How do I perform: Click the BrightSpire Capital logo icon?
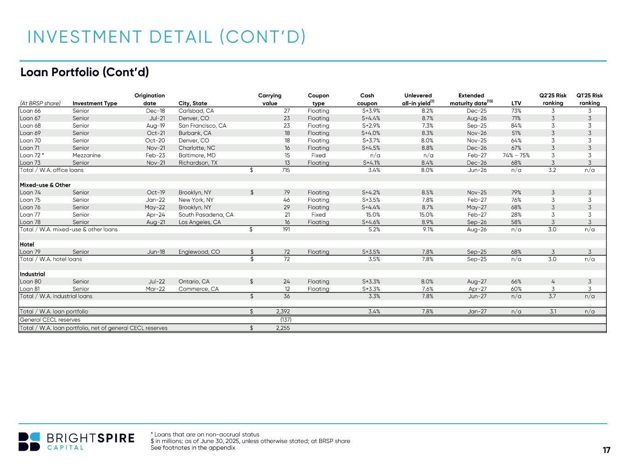coord(29,442)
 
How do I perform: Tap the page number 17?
coord(606,450)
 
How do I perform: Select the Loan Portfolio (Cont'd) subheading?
coord(85,73)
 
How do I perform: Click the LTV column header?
coord(516,103)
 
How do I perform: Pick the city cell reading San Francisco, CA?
coord(202,125)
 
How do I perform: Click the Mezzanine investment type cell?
coord(86,155)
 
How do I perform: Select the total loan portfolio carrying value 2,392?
coord(282,311)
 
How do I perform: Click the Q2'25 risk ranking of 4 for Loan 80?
coord(553,281)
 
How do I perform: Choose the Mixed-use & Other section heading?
coord(45,185)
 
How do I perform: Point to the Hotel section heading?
coord(27,244)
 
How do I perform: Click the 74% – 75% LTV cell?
coord(516,155)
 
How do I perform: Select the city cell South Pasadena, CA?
coord(206,214)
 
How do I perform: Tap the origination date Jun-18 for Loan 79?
coord(156,252)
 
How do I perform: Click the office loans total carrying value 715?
coord(285,170)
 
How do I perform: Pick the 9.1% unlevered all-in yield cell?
coord(427,229)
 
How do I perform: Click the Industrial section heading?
coord(32,274)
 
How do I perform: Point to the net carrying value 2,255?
coord(282,328)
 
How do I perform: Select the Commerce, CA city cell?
coord(198,289)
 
